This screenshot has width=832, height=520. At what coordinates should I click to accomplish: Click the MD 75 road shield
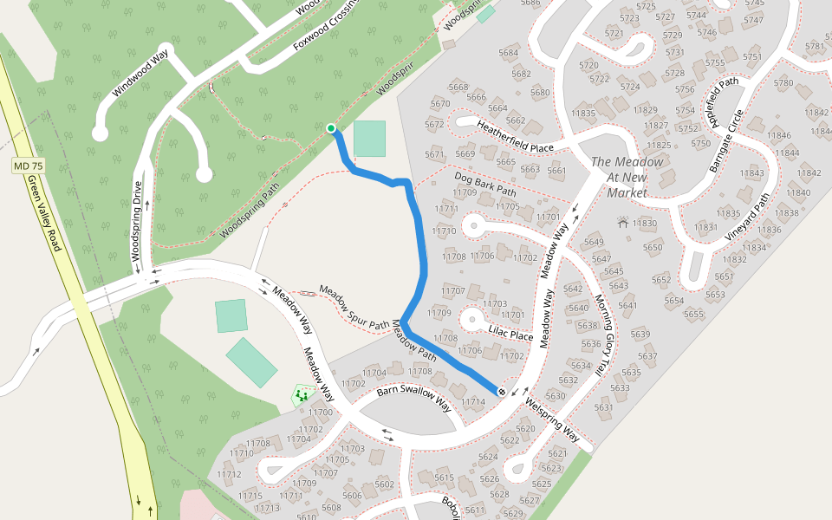pos(29,166)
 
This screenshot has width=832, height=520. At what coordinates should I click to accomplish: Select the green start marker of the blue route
pos(330,128)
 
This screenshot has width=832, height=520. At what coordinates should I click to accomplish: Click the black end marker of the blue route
pos(501,392)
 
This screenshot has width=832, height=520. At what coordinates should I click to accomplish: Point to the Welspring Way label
pos(552,418)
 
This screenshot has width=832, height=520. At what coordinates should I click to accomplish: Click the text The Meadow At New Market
pos(627,177)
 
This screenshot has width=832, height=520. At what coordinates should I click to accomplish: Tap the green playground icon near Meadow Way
pos(303,395)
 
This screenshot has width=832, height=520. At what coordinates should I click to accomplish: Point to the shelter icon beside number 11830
pos(622,223)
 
